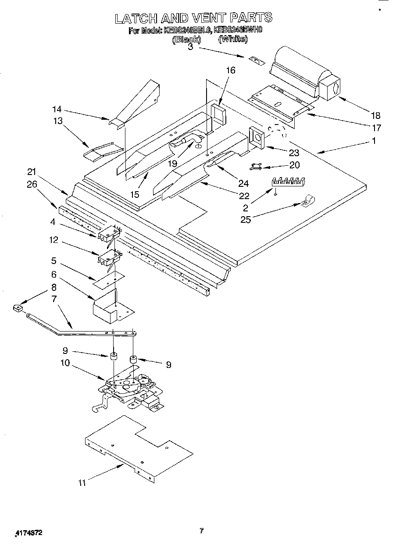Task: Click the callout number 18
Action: tap(375, 116)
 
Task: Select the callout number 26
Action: tap(32, 184)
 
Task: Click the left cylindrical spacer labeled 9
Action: tap(114, 356)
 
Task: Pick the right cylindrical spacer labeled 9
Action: tap(132, 360)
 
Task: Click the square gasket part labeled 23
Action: tap(255, 136)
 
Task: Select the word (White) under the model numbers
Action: tap(233, 39)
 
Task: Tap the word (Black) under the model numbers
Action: tap(186, 39)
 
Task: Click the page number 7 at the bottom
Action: tap(201, 531)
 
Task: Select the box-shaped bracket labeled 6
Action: tap(107, 305)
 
